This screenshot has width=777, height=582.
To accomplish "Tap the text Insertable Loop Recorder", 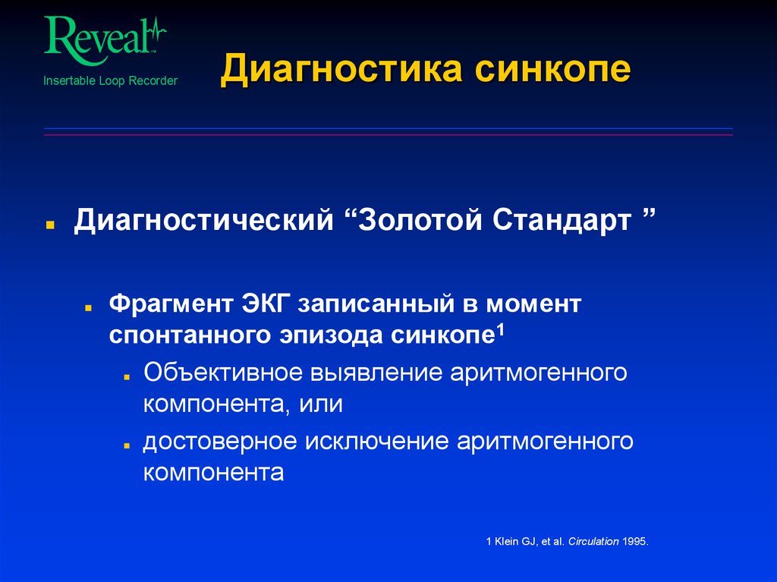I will click(x=110, y=80).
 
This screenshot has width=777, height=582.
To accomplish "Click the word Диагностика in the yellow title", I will click(x=342, y=71).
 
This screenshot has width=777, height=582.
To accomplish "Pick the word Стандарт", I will click(x=563, y=222).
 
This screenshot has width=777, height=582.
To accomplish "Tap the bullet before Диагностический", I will click(x=49, y=226).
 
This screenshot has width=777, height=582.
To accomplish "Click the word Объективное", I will click(x=220, y=373).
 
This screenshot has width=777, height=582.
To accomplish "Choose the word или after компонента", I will click(x=326, y=404).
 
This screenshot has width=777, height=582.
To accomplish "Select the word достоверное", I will click(x=219, y=442).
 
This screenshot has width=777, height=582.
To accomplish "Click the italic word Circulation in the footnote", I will click(x=591, y=542).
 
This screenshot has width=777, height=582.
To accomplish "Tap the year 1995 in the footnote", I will click(x=635, y=542).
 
